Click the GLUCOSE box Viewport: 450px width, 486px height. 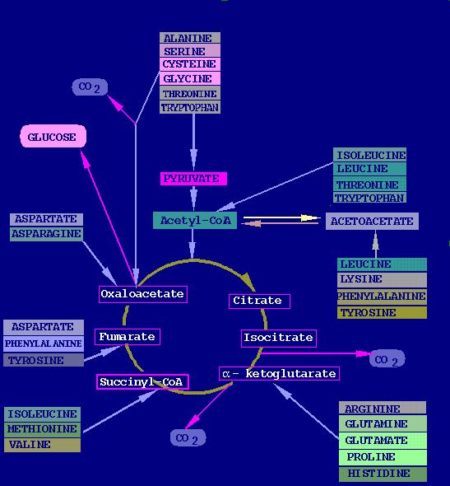coord(53,136)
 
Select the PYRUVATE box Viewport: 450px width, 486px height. coord(193,179)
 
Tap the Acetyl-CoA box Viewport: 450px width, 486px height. coord(195,221)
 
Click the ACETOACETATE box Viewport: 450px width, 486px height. coord(372,222)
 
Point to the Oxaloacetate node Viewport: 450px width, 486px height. coord(143,294)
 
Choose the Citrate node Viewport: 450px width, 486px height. coord(259,301)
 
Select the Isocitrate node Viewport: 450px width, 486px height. coord(279,339)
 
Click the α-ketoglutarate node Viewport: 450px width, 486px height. coord(279,373)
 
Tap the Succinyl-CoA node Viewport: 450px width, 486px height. coord(142,382)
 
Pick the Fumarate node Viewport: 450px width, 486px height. coord(128,337)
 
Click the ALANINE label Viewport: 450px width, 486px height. coord(190,38)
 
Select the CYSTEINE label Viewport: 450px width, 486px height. coord(190,64)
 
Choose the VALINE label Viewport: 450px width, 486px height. coord(43,445)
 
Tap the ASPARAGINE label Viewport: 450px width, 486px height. coord(46,234)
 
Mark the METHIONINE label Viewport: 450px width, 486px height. coord(43,429)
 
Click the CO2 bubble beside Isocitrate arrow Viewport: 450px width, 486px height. coord(387,359)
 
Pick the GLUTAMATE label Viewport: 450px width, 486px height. coord(383,441)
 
